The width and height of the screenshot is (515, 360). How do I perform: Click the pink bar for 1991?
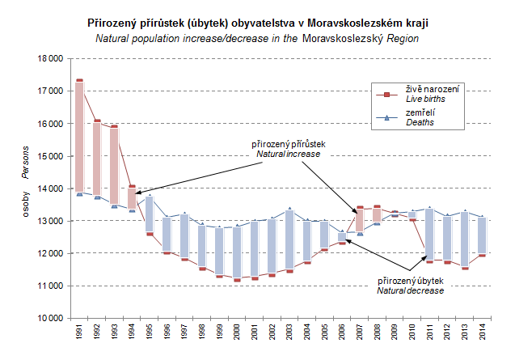pyautogui.click(x=79, y=137)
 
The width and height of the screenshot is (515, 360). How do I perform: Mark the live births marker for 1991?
pyautogui.click(x=79, y=80)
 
